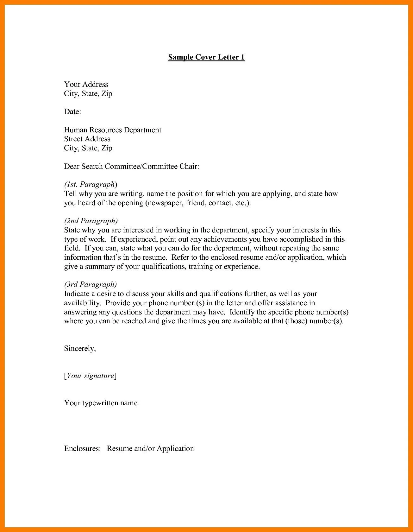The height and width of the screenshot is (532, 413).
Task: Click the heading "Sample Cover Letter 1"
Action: click(206, 57)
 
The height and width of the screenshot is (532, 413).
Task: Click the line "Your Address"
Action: click(86, 84)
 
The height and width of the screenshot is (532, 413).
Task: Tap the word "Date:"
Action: click(72, 112)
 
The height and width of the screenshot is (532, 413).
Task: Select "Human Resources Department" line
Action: click(113, 130)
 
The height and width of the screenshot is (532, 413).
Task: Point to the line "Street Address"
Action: click(87, 139)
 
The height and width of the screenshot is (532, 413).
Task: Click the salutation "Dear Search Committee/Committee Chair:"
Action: click(132, 167)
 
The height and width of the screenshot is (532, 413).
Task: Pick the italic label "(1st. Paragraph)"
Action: click(91, 185)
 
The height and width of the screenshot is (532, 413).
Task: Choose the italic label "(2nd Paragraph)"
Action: click(91, 221)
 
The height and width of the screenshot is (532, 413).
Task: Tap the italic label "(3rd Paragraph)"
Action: click(91, 285)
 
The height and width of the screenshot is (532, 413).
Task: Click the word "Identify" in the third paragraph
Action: click(242, 312)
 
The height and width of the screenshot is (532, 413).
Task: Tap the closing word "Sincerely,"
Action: click(80, 349)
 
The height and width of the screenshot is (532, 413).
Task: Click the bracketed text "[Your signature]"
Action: click(90, 376)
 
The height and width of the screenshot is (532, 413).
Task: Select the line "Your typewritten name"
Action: click(101, 403)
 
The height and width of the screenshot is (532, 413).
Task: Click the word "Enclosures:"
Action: click(82, 449)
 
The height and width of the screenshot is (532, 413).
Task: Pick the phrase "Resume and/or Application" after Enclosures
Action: click(150, 449)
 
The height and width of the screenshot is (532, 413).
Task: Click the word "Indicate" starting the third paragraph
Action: click(77, 294)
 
